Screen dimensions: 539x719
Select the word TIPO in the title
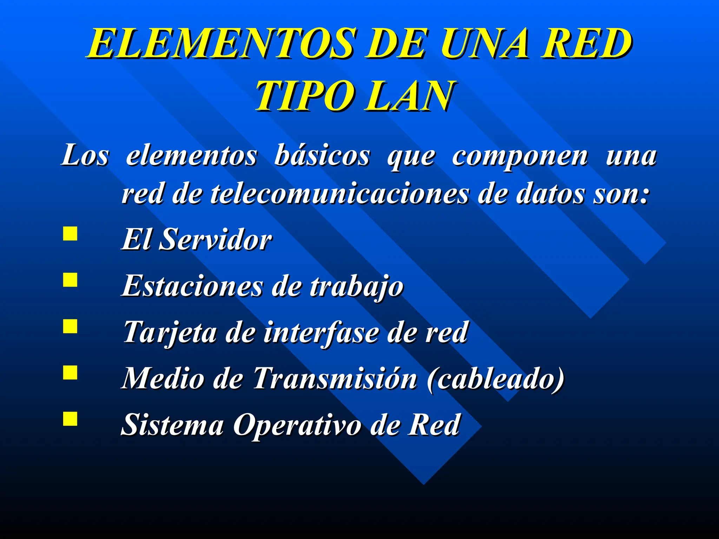click(x=304, y=95)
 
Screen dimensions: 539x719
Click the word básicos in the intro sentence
click(x=322, y=155)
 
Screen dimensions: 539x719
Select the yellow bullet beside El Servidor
click(x=70, y=234)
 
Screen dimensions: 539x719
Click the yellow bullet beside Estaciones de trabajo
click(x=70, y=280)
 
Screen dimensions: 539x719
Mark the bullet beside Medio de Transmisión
click(x=70, y=373)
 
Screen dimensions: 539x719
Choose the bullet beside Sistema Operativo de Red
click(x=70, y=419)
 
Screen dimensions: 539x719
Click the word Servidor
click(x=215, y=240)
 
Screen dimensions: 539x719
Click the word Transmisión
click(x=335, y=378)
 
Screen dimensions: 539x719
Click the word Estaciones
click(x=192, y=286)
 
